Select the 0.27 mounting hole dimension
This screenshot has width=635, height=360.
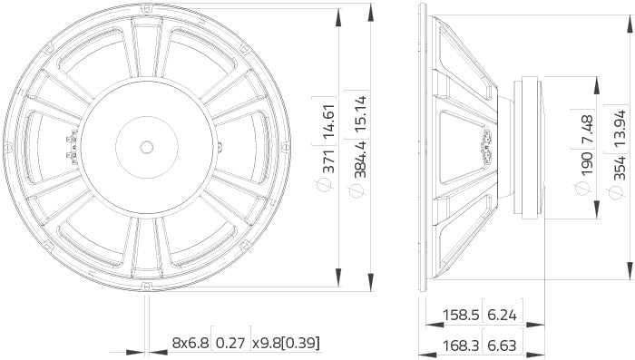click(x=231, y=344)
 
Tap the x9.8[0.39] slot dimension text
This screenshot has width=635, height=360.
click(x=286, y=344)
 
